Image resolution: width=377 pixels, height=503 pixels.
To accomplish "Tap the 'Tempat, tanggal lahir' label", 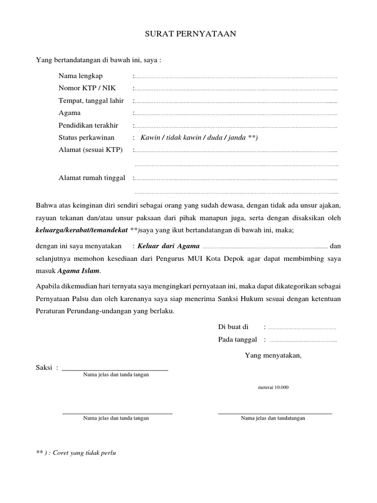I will pos(91,101).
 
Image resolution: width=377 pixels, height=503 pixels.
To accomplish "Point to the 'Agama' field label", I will pos(70,113).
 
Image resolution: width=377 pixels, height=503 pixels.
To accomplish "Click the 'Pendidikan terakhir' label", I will pos(88,125).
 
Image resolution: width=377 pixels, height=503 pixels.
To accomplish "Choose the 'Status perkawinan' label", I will pos(86,138).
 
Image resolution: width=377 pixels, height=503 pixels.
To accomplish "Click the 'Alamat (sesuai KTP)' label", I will pos(90,149).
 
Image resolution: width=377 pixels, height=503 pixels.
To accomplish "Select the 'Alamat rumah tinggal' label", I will pos(92,177).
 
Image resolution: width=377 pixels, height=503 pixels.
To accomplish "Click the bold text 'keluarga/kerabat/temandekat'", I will pos(82,230).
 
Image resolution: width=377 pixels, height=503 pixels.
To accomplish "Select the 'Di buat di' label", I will pos(233,327).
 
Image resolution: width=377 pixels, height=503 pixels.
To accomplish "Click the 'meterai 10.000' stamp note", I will pos(273,387).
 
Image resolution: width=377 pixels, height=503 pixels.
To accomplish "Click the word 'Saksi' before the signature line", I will pos(44,368).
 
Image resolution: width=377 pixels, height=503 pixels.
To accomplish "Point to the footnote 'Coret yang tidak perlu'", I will pos(88,452).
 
